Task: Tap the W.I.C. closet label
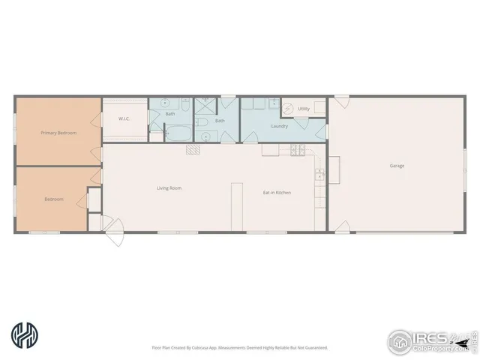[125, 118]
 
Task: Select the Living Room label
[169, 188]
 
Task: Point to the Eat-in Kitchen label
[276, 193]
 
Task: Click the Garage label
[397, 166]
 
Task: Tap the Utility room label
[303, 109]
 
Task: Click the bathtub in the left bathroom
[178, 133]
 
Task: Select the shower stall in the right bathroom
[205, 106]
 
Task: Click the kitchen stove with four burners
[295, 149]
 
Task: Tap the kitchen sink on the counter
[319, 175]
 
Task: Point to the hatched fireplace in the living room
[193, 149]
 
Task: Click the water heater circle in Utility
[288, 109]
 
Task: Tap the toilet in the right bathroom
[202, 122]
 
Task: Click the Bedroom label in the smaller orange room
[53, 199]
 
